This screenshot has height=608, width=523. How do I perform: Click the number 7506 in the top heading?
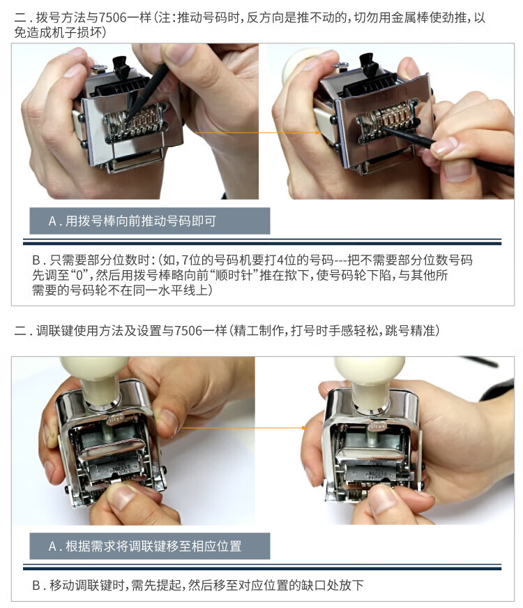tap(114, 17)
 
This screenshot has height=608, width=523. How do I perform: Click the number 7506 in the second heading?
tap(189, 331)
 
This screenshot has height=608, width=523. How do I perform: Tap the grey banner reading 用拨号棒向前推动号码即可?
tap(149, 221)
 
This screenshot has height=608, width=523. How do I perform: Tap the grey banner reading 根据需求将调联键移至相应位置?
tap(149, 546)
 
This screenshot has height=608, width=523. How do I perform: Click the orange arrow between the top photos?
tap(258, 133)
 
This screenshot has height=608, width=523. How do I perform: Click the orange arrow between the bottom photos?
tap(244, 428)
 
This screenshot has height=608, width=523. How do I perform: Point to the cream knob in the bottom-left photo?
tap(97, 378)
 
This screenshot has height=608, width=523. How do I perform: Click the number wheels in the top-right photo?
tap(388, 117)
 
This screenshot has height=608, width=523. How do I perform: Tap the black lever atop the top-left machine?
tap(121, 67)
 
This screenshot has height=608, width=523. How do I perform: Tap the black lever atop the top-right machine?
tap(368, 65)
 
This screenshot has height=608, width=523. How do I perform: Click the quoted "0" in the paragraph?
tap(79, 275)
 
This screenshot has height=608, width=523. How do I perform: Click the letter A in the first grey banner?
tap(53, 221)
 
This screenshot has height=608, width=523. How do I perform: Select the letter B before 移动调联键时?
tap(36, 586)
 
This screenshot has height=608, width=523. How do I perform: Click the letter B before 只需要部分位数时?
tap(36, 260)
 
